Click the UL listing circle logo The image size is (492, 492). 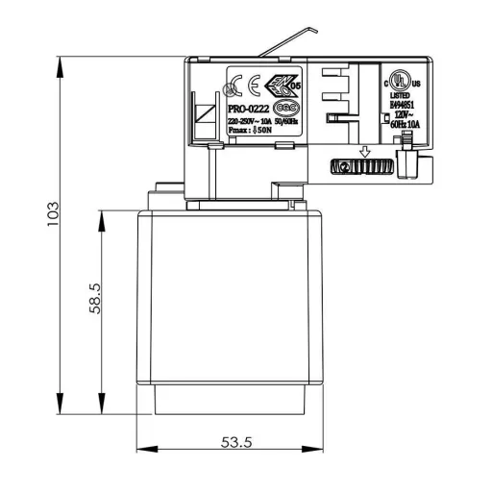tap(399, 77)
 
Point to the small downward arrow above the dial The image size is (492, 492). tap(364, 151)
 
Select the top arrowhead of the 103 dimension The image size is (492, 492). tap(61, 63)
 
